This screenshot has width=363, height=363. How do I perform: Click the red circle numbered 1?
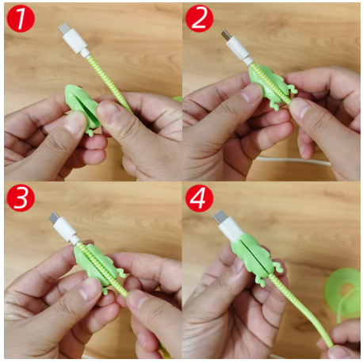point(21,19)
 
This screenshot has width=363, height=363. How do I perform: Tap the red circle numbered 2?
point(199,19)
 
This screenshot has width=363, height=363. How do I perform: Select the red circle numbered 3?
point(21,198)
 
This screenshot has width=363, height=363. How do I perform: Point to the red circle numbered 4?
point(199,198)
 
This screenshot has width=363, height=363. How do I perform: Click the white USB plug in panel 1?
point(73,40)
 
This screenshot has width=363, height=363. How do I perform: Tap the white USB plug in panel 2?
point(236,48)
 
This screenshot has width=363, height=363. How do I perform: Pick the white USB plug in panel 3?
point(64,227)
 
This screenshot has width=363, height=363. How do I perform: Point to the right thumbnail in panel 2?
point(300,109)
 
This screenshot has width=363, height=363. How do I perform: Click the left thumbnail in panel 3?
point(90,290)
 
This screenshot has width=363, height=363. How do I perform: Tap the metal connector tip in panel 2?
point(225,35)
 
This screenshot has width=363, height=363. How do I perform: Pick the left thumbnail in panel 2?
point(252,93)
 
